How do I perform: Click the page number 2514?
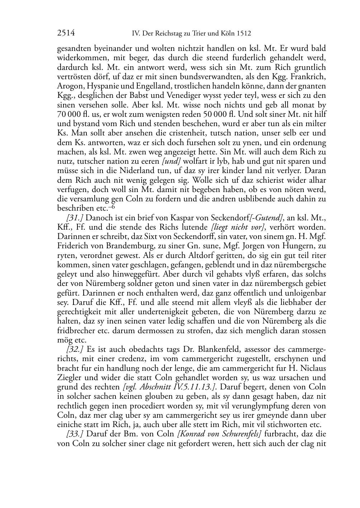tap(66, 33)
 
